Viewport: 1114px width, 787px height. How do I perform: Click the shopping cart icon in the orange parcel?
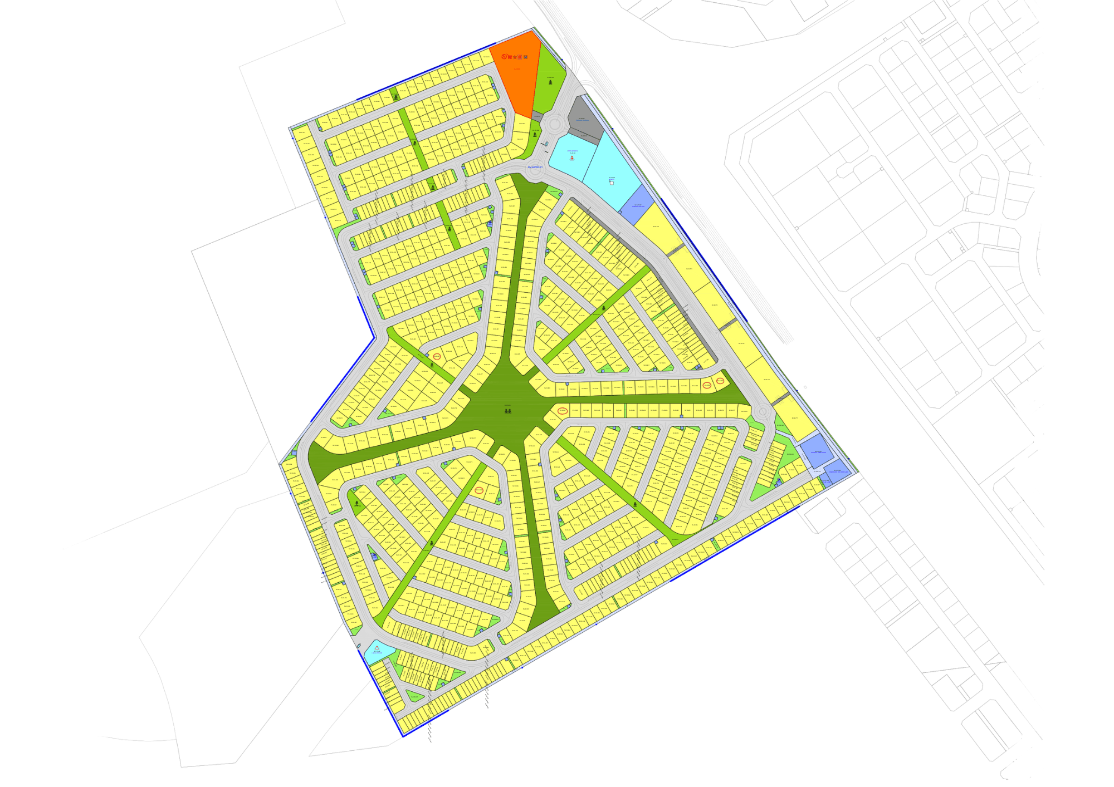(510, 57)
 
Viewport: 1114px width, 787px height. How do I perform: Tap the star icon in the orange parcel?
(515, 57)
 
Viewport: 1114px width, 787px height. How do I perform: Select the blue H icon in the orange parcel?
(526, 57)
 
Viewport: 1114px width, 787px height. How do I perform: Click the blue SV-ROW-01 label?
(535, 167)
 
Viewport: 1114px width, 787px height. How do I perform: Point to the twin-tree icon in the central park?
(507, 411)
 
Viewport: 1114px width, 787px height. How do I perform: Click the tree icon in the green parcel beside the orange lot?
(551, 82)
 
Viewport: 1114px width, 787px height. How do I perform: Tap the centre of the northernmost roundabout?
(554, 124)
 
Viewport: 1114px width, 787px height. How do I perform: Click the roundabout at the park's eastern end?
(763, 412)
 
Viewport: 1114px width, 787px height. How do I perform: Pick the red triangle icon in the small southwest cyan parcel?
(377, 648)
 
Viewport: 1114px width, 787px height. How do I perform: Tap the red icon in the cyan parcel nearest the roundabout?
(572, 158)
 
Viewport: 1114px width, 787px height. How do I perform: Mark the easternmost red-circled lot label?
(720, 381)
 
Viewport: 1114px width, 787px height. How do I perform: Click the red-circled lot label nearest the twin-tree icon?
(563, 411)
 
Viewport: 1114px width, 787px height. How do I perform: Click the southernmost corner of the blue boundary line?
(403, 736)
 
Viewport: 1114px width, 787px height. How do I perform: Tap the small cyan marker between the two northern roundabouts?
(546, 144)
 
